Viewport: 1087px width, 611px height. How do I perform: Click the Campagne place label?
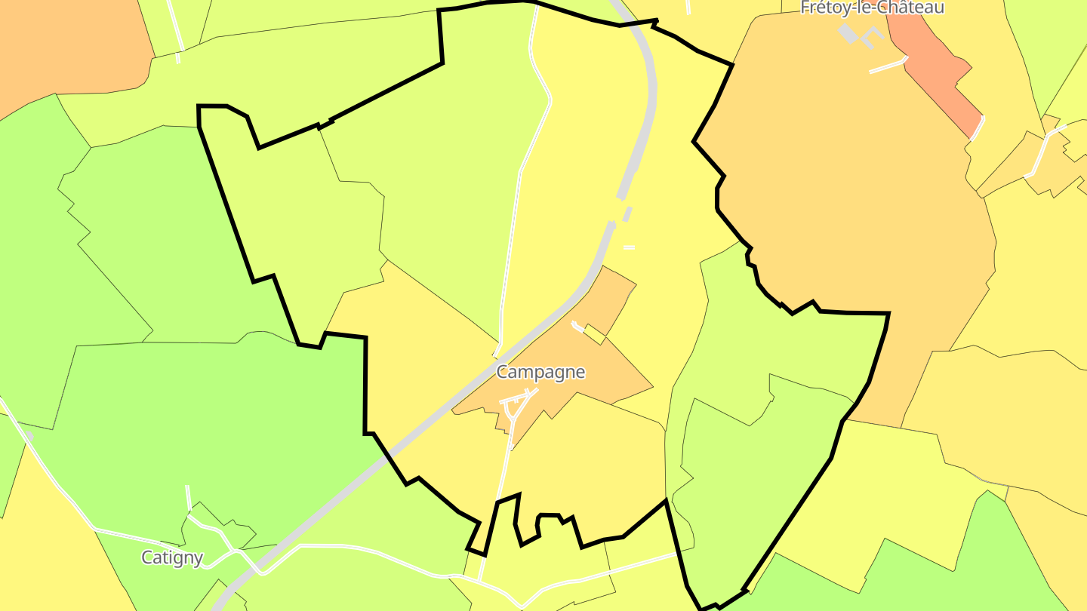tap(540, 372)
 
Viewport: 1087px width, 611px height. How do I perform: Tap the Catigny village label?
tap(172, 557)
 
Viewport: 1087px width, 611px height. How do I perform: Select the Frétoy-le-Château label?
tap(872, 8)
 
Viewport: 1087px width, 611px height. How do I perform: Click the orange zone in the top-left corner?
tap(68, 45)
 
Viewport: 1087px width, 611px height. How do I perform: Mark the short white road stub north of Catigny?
tap(188, 498)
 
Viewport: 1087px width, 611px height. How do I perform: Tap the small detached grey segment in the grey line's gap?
tap(627, 214)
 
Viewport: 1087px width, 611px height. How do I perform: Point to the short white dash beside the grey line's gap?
tap(629, 247)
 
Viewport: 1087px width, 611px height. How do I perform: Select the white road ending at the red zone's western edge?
tap(887, 66)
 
